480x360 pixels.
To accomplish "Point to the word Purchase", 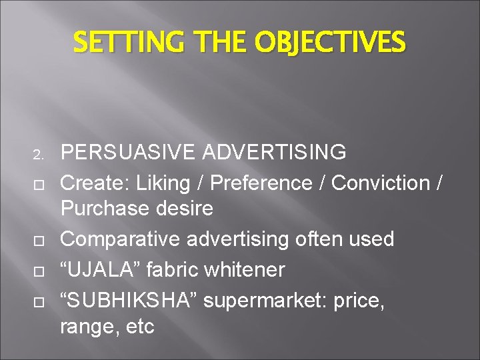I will [x=101, y=209].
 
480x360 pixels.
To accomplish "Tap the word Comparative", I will [x=118, y=239].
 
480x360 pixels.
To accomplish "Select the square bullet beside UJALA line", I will [x=38, y=271].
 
